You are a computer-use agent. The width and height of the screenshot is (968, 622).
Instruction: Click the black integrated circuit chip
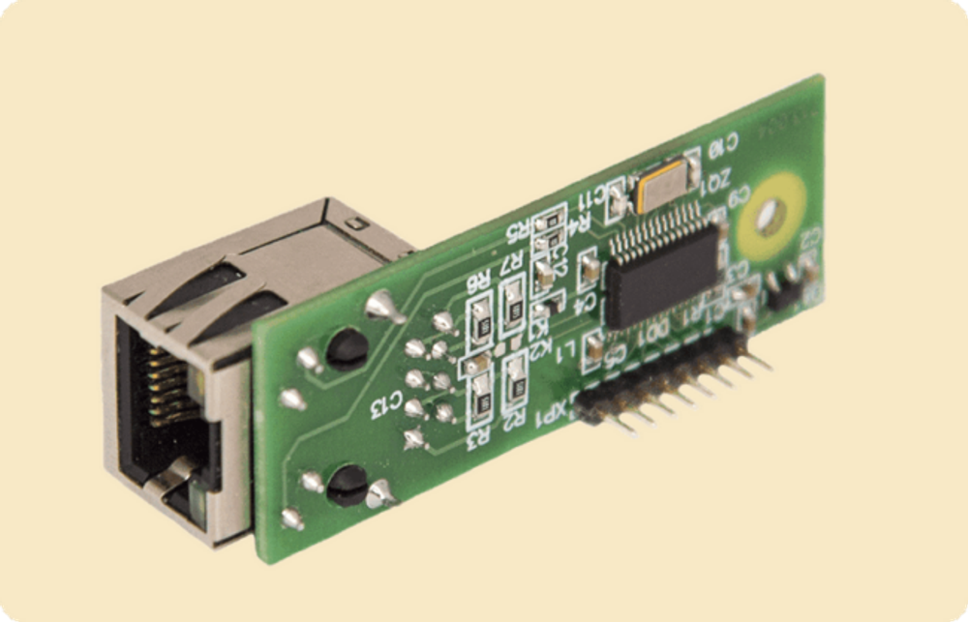(x=663, y=270)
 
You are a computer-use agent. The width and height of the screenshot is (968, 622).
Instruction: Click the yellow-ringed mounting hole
(x=771, y=218)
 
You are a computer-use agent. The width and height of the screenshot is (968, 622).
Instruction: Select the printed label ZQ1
(x=715, y=180)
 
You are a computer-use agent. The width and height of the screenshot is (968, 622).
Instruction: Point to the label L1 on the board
(x=570, y=346)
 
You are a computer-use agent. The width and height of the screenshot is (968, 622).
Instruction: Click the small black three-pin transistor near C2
(x=786, y=286)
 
